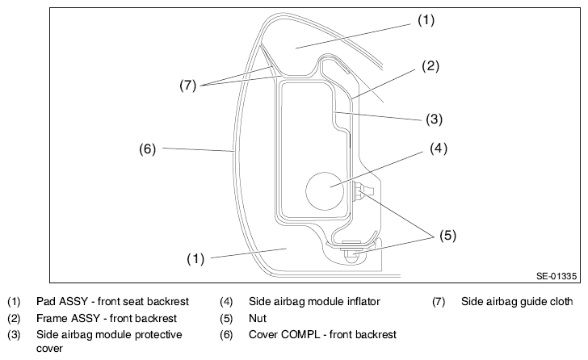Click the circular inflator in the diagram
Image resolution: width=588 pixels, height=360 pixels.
coord(325,191)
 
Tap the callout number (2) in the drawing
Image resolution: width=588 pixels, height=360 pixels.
coord(430,66)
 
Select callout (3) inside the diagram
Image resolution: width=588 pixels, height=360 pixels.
coord(435,119)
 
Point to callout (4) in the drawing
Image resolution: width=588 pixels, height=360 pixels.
coord(439,149)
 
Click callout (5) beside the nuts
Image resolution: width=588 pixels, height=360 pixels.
coord(447,235)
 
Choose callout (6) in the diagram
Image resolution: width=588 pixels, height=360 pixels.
coord(147,149)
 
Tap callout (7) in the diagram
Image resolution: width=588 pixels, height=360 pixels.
coord(188,86)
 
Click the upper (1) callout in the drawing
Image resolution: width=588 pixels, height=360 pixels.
coord(426,20)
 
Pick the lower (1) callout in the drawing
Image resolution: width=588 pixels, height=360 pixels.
coord(195,259)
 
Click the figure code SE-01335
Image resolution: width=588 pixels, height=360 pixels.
coord(556,276)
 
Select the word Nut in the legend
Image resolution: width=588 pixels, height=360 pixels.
coord(258,318)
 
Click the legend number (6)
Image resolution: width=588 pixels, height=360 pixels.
coord(226,334)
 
